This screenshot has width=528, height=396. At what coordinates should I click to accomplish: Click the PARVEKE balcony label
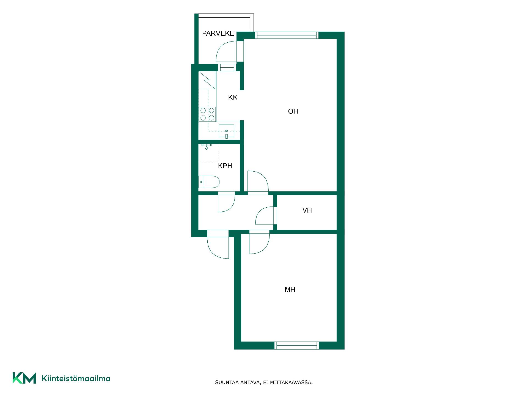coord(218,34)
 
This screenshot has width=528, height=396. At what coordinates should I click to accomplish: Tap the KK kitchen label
coord(233,97)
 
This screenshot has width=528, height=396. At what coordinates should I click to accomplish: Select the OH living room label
coord(293,111)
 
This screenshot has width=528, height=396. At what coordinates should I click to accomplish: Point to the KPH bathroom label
coord(225,166)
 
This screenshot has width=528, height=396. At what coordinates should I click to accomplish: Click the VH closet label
coord(307,210)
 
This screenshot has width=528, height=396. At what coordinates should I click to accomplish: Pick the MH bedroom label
coord(290,289)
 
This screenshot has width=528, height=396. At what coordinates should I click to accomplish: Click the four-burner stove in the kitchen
coord(207,114)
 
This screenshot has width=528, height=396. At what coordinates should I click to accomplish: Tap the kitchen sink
coord(226,131)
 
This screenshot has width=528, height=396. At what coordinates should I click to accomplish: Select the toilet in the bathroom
coord(209,182)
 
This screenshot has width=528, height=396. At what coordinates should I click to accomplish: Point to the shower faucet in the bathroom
coord(206,146)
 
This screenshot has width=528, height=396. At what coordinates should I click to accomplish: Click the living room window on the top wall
coord(287,35)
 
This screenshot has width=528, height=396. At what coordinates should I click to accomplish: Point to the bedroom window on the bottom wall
coord(297,345)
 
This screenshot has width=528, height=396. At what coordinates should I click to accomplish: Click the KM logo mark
coord(24,378)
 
